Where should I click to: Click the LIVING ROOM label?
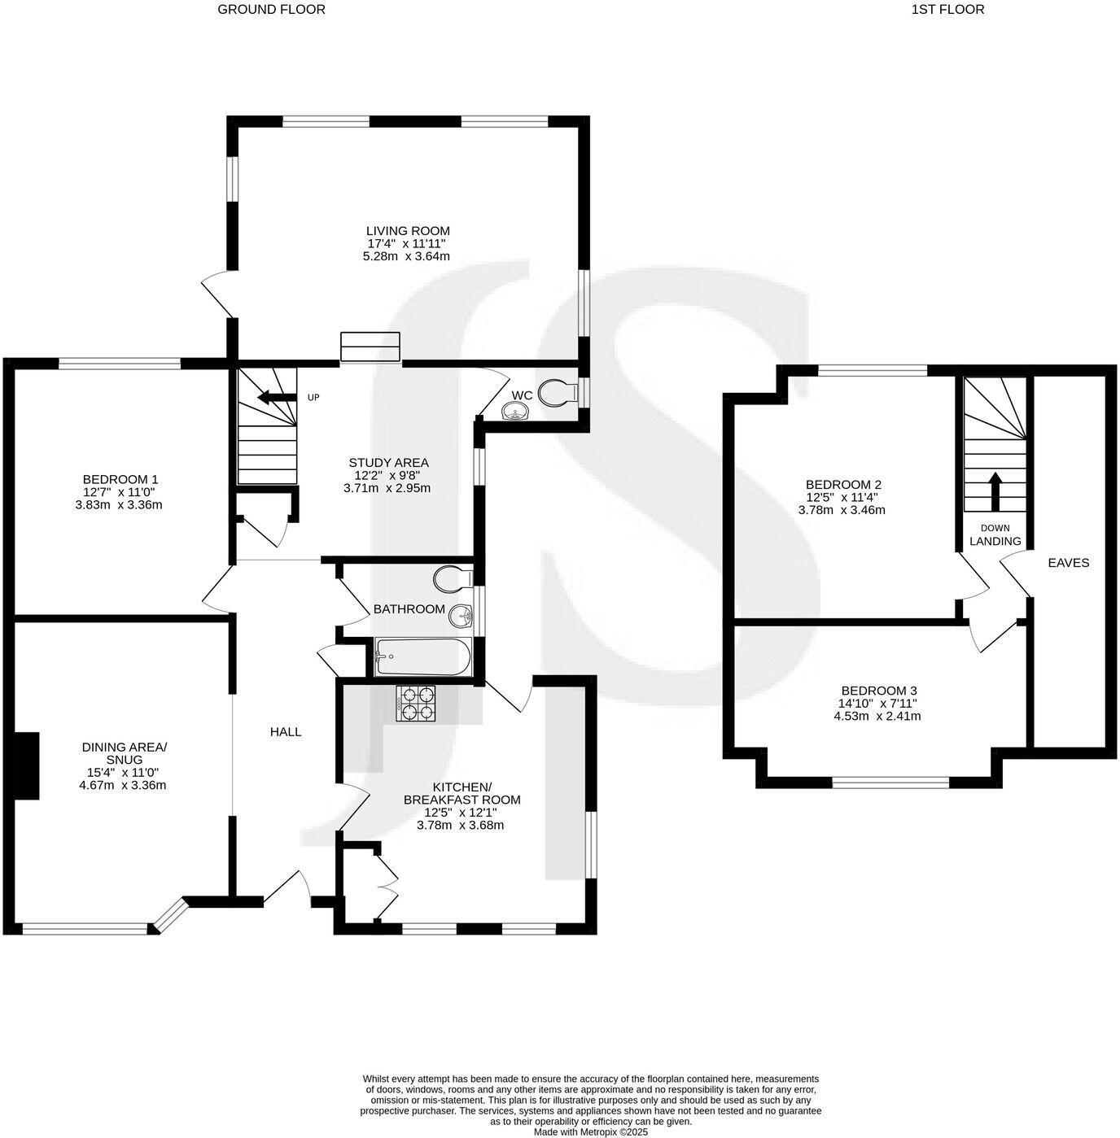point(407,231)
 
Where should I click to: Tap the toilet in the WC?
point(559,391)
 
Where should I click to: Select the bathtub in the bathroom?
point(422,656)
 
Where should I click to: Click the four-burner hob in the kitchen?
point(415,704)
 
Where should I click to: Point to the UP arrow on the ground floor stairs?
point(275,397)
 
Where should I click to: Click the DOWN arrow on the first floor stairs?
point(995,490)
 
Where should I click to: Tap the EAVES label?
point(1068,562)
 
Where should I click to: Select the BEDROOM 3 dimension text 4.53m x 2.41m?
point(877,717)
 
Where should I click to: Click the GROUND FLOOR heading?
point(271,10)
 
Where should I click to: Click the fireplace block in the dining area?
point(27,765)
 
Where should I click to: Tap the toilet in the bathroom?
point(452,580)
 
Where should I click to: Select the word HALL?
point(286,731)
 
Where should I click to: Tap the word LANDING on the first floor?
point(995,541)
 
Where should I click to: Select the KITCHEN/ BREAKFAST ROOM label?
point(462,793)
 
